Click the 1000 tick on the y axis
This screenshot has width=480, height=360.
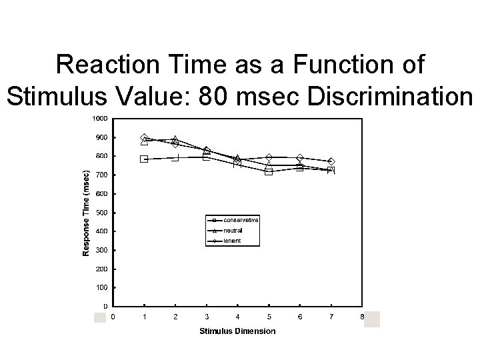point(99,119)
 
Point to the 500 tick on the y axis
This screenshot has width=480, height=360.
point(101,213)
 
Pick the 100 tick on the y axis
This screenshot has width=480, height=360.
point(101,287)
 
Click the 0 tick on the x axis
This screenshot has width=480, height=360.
point(113,317)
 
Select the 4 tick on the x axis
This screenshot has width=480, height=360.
point(238,317)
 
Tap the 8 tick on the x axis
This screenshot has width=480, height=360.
point(362,317)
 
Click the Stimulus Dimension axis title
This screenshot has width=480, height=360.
point(237,331)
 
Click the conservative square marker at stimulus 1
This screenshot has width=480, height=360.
point(144,159)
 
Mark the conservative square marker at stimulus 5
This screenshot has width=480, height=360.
point(269,171)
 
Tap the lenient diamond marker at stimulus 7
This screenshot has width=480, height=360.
point(331,161)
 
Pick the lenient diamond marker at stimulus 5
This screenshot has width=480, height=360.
point(269,158)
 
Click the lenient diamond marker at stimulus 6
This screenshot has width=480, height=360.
point(300,158)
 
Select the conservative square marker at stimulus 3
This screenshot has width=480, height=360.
point(207,157)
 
